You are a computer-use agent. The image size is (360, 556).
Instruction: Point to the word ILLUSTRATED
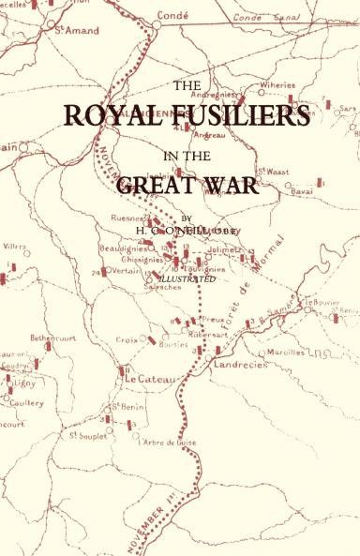[x=187, y=278]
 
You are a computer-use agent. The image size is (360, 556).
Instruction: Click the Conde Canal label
[x=260, y=17]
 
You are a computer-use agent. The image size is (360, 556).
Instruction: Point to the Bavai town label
[x=304, y=190]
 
